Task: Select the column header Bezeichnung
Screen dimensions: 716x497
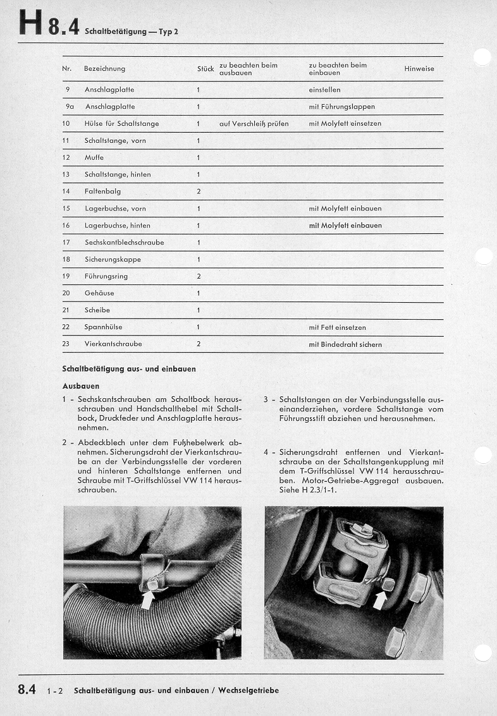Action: click(x=104, y=69)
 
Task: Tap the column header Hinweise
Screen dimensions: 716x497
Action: click(x=419, y=69)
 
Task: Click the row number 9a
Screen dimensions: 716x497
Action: click(x=69, y=107)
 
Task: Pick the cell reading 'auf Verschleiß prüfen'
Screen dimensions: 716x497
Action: click(x=254, y=124)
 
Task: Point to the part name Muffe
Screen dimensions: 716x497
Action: click(x=94, y=157)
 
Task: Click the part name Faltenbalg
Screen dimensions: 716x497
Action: click(x=102, y=191)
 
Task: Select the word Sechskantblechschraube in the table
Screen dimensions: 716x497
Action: click(x=124, y=243)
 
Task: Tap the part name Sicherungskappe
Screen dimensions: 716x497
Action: click(x=113, y=260)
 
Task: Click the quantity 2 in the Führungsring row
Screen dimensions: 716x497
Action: click(x=199, y=276)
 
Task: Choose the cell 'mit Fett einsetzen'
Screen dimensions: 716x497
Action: click(x=337, y=327)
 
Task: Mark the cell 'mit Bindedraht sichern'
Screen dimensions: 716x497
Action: click(x=345, y=344)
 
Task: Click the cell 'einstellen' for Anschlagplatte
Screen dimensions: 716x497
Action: click(x=324, y=90)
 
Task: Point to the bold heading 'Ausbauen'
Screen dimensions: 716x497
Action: click(x=80, y=385)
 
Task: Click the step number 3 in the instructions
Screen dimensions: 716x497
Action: click(x=266, y=399)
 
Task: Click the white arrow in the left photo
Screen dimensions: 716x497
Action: click(x=147, y=598)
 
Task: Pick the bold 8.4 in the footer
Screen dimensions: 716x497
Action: click(x=27, y=689)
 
